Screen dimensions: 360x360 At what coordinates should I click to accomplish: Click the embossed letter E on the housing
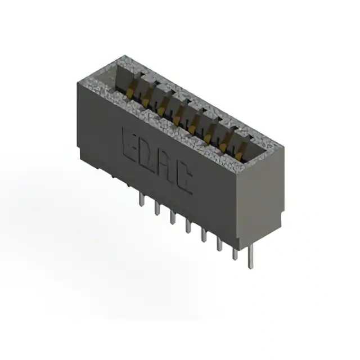tap(130, 144)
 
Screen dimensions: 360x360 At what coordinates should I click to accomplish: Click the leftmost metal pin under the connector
tap(142, 199)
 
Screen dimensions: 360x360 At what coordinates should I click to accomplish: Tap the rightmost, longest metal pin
tap(251, 256)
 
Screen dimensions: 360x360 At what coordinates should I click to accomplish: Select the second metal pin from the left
tap(157, 208)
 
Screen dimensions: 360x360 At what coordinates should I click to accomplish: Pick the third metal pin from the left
tap(173, 217)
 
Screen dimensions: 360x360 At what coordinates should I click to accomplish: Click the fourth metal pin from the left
tap(188, 226)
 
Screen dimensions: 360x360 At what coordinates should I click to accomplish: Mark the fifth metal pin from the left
tap(204, 235)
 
